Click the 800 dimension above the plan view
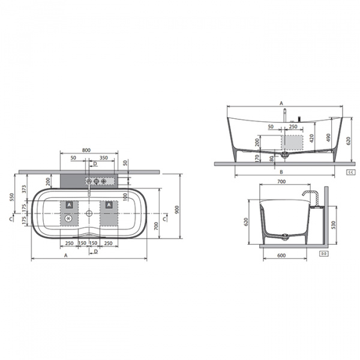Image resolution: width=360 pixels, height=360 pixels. pyautogui.click(x=86, y=150)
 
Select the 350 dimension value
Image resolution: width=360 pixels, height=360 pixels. pyautogui.click(x=103, y=157)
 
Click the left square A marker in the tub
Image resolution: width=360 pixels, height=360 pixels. pyautogui.click(x=70, y=205)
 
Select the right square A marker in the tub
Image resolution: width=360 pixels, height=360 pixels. pyautogui.click(x=109, y=205)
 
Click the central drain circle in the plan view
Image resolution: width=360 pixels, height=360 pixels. pyautogui.click(x=89, y=212)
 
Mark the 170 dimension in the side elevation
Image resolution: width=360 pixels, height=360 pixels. pyautogui.click(x=257, y=158)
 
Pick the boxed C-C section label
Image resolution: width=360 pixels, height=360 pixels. pyautogui.click(x=350, y=172)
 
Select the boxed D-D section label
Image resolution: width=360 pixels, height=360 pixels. pyautogui.click(x=323, y=254)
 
